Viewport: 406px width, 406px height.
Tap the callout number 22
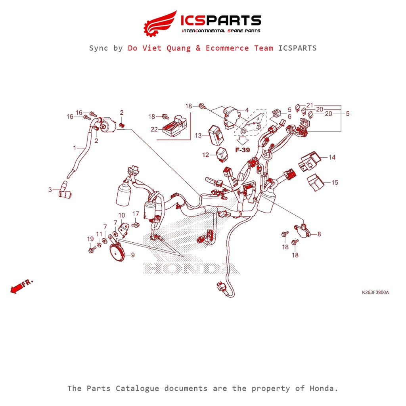[154, 129]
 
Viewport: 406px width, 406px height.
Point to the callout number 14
[332, 157]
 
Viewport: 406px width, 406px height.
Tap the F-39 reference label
[242, 150]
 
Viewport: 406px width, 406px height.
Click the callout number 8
[319, 234]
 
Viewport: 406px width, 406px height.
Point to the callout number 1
[74, 148]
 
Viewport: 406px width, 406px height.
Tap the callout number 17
[136, 214]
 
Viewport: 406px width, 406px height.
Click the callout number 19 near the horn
[90, 239]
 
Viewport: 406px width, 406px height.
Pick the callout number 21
[310, 105]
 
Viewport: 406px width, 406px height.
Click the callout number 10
[122, 215]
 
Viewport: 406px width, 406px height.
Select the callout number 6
[289, 117]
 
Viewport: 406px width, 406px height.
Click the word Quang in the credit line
[177, 48]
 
